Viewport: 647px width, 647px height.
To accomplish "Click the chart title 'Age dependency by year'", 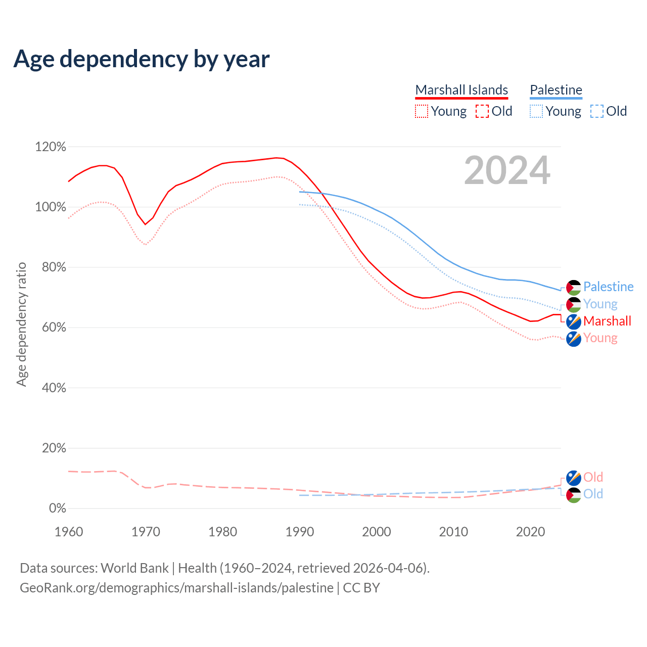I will [x=142, y=59].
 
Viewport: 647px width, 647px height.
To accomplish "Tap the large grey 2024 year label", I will [x=507, y=170].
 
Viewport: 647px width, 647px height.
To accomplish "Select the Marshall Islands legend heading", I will [x=461, y=90].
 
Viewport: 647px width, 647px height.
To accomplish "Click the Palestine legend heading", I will [x=556, y=90].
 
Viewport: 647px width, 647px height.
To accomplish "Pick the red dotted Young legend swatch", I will [x=421, y=111].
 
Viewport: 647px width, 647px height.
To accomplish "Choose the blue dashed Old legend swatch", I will [x=596, y=111].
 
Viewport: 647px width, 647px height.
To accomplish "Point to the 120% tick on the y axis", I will [x=51, y=147].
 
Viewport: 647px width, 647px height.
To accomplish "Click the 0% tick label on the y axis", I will [x=57, y=509].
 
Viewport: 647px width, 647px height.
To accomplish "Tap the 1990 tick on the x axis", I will [x=300, y=532].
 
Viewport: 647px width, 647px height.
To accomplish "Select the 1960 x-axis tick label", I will [x=69, y=532].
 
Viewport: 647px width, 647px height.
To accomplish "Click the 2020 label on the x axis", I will [x=530, y=532].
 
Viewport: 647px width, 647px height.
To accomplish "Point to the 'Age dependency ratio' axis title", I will [x=21, y=324].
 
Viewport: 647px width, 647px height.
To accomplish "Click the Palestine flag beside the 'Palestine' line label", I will [x=573, y=287].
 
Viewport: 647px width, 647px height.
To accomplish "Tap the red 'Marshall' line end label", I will [x=607, y=321].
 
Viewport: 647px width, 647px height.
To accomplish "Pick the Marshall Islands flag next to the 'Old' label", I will [x=573, y=478].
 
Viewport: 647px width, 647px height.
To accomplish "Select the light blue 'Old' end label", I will [x=593, y=494].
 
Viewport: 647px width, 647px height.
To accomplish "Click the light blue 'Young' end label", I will [x=600, y=304].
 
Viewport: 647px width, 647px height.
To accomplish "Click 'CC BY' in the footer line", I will [x=361, y=588].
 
